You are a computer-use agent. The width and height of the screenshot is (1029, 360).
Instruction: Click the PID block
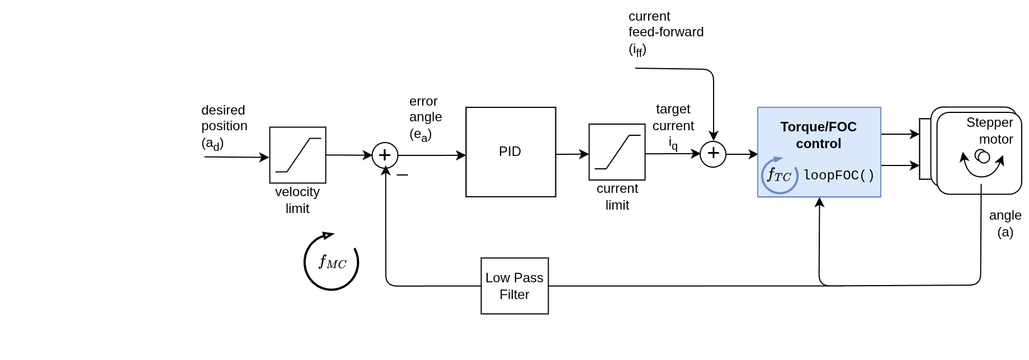pyautogui.click(x=511, y=152)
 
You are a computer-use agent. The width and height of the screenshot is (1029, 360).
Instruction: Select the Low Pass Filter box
pyautogui.click(x=514, y=286)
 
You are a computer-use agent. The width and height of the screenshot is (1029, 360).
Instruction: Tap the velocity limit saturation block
pyautogui.click(x=298, y=155)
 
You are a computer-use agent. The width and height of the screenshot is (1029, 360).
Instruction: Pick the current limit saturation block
pyautogui.click(x=617, y=152)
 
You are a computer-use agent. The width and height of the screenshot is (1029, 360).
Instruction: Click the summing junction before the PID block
pyautogui.click(x=385, y=155)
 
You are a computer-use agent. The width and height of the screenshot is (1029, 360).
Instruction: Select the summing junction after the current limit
pyautogui.click(x=713, y=154)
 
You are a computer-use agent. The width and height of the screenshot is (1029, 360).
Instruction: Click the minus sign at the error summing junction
pyautogui.click(x=402, y=175)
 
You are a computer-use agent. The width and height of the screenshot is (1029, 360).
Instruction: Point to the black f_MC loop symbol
pyautogui.click(x=331, y=262)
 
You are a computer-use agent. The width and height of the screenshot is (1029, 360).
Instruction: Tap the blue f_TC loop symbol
pyautogui.click(x=779, y=176)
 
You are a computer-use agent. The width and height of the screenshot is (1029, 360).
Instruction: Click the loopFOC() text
pyautogui.click(x=839, y=176)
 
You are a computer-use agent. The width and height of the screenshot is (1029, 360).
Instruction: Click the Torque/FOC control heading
pyautogui.click(x=819, y=135)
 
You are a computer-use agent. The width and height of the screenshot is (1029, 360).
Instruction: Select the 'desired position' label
pyautogui.click(x=224, y=126)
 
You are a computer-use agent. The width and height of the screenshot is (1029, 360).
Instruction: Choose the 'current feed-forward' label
pyautogui.click(x=665, y=32)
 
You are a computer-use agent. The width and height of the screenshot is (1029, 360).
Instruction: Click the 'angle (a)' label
pyautogui.click(x=1005, y=224)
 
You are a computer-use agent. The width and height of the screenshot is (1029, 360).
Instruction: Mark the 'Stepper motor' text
pyautogui.click(x=989, y=131)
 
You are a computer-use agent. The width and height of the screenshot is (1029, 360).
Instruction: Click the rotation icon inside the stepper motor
pyautogui.click(x=982, y=162)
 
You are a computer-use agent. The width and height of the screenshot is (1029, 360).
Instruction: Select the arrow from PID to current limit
pyautogui.click(x=572, y=154)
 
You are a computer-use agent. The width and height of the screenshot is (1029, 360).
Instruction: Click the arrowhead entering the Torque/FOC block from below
pyautogui.click(x=819, y=202)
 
